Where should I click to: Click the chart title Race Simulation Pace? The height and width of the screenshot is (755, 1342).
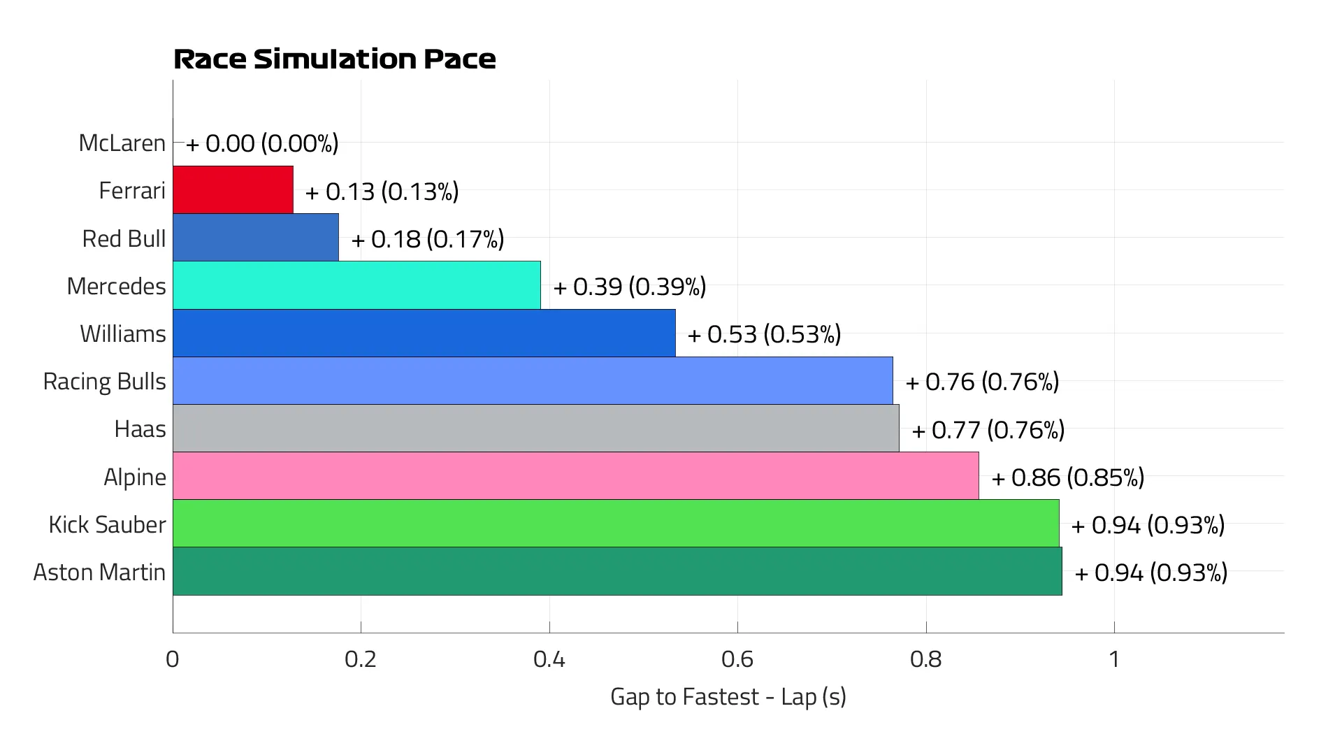pyautogui.click(x=334, y=59)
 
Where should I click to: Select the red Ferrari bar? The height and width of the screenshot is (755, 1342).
pyautogui.click(x=233, y=189)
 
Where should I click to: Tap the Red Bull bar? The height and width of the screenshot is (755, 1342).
pyautogui.click(x=256, y=238)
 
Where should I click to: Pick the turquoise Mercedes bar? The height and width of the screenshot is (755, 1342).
pyautogui.click(x=356, y=285)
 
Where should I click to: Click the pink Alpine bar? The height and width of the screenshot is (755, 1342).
pyautogui.click(x=575, y=476)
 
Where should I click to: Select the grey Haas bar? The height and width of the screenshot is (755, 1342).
pyautogui.click(x=535, y=429)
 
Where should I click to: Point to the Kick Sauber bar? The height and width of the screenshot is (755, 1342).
pyautogui.click(x=616, y=524)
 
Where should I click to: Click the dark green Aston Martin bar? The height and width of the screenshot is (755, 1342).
pyautogui.click(x=617, y=571)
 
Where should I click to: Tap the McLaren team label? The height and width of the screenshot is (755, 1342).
pyautogui.click(x=122, y=143)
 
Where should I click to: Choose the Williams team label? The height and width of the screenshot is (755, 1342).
pyautogui.click(x=123, y=333)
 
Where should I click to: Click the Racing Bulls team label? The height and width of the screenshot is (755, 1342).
pyautogui.click(x=105, y=381)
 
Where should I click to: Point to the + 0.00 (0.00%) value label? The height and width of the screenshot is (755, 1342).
pyautogui.click(x=262, y=143)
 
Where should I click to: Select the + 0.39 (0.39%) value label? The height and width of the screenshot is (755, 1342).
pyautogui.click(x=630, y=286)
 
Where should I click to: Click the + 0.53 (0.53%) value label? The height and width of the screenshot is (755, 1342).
pyautogui.click(x=764, y=334)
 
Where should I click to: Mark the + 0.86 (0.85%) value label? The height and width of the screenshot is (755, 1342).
pyautogui.click(x=1067, y=477)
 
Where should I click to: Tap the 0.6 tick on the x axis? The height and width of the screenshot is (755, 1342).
pyautogui.click(x=737, y=659)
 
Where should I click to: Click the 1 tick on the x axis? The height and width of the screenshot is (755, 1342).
pyautogui.click(x=1114, y=659)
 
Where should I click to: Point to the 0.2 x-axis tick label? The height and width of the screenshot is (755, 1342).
pyautogui.click(x=361, y=659)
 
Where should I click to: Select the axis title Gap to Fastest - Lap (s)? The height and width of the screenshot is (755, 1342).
pyautogui.click(x=728, y=696)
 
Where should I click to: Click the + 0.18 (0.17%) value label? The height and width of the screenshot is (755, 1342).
pyautogui.click(x=428, y=239)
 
